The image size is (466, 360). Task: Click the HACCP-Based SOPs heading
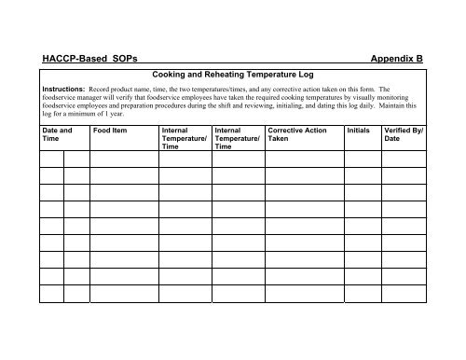click(x=89, y=59)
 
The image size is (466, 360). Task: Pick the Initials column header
click(x=361, y=131)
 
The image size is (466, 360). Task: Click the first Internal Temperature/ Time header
click(x=184, y=139)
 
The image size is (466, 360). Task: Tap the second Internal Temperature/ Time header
click(x=237, y=139)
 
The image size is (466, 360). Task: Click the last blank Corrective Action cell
click(x=303, y=294)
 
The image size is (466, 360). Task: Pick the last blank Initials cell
click(x=362, y=294)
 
